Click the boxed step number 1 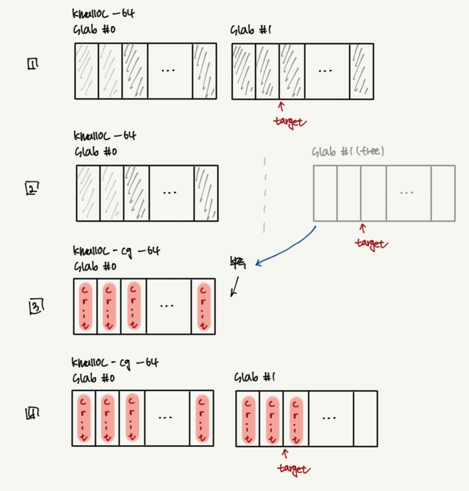point(33,64)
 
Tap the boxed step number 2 point(32,188)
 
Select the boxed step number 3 point(36,307)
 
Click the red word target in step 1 point(289,122)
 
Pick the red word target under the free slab point(371,244)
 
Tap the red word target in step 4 point(294,469)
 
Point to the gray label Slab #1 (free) point(348,151)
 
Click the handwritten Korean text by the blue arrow point(238,263)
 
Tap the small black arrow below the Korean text point(234,287)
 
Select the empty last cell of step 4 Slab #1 point(365,418)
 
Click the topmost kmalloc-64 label point(103,14)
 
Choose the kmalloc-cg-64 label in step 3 point(116,251)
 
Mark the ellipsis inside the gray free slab point(407,193)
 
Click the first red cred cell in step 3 point(85,307)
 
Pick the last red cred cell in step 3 point(203,307)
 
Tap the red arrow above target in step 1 point(281,106)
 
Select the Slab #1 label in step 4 point(254,377)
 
